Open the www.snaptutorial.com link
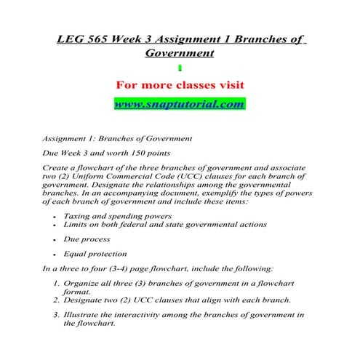coord(179,104)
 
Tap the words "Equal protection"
coord(95,254)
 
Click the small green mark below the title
coord(180,68)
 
